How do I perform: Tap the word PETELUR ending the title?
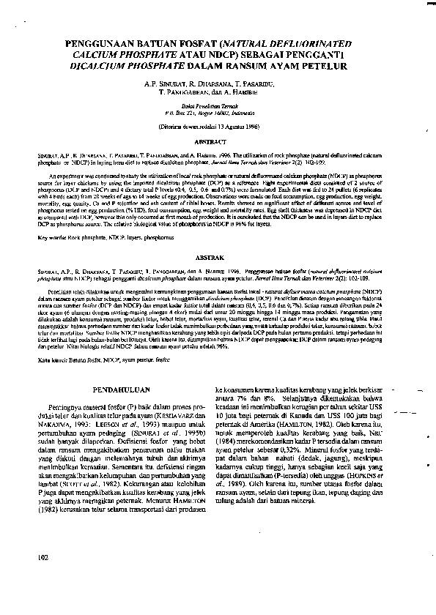click(324, 65)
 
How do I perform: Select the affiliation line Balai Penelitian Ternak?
click(218, 105)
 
